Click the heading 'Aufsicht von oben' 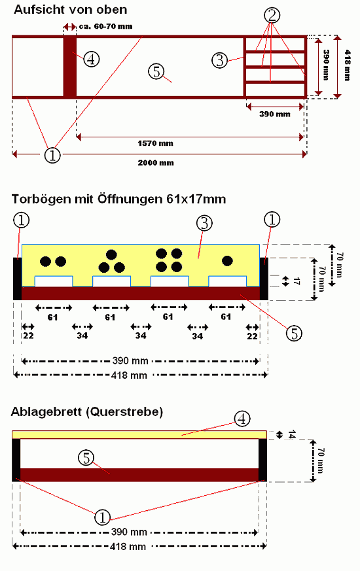click(70, 9)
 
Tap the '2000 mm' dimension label click(156, 163)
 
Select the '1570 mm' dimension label click(155, 143)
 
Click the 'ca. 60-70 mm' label click(105, 26)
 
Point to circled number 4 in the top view click(91, 59)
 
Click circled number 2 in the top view click(272, 15)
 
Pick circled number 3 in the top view click(220, 60)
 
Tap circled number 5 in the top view click(156, 71)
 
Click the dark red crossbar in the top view click(70, 67)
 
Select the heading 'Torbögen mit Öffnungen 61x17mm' click(118, 199)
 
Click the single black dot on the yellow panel click(227, 261)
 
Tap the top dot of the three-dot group click(111, 254)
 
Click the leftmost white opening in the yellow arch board click(54, 281)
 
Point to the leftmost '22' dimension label click(28, 336)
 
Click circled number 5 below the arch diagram click(294, 333)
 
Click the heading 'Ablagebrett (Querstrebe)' click(87, 412)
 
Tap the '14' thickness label click(291, 434)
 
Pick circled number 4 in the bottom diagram click(242, 419)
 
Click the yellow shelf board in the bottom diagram click(139, 435)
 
